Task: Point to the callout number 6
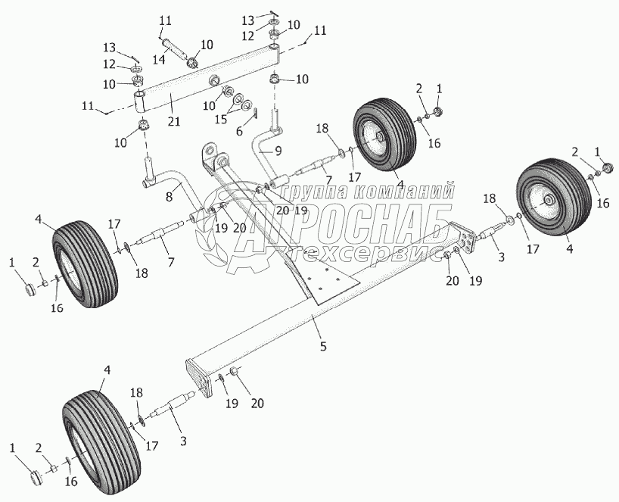click(x=239, y=130)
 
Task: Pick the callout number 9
click(x=279, y=151)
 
